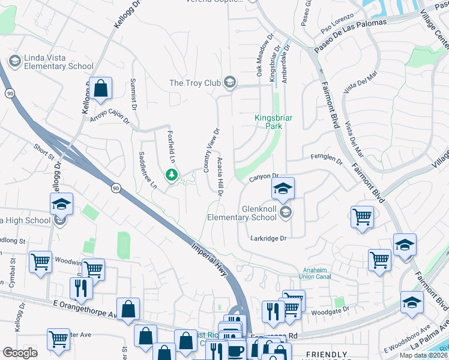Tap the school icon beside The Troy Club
click(229, 82)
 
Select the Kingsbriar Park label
click(273, 122)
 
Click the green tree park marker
click(172, 175)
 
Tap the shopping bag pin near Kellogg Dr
click(101, 89)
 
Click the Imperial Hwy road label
click(211, 259)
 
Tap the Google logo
click(20, 352)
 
